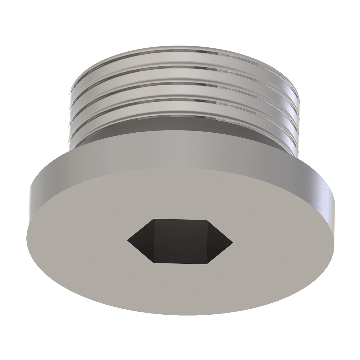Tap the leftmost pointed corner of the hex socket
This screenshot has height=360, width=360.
point(127,239)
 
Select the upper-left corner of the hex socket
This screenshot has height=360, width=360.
point(154,219)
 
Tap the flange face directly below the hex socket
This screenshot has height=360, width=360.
point(180,288)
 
